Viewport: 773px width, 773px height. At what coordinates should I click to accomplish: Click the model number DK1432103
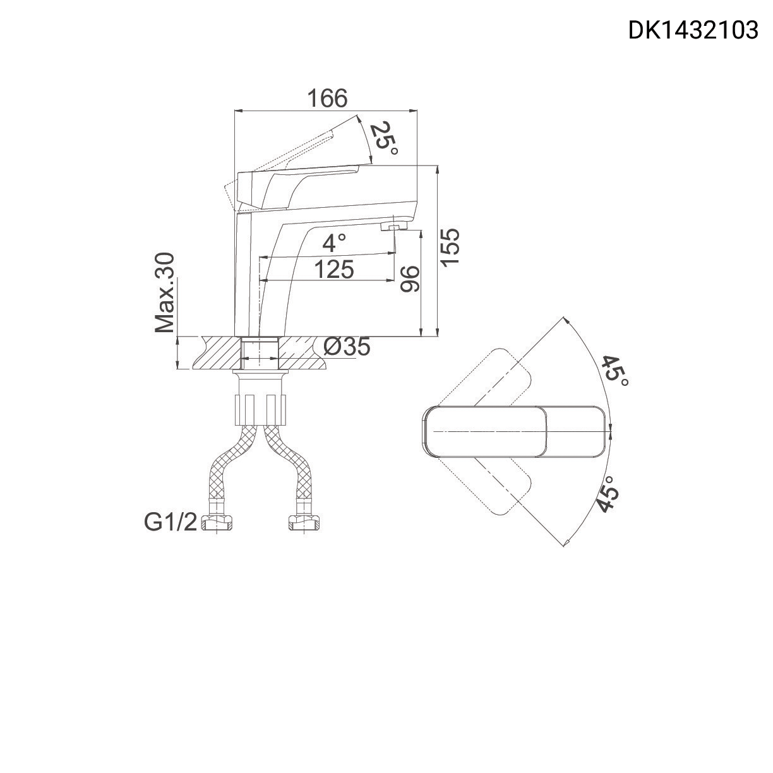coord(693,30)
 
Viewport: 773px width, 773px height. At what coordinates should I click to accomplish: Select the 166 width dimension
coord(327,99)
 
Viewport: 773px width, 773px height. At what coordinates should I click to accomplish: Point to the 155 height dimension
coord(450,247)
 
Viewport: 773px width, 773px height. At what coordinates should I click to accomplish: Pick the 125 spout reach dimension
coord(333,270)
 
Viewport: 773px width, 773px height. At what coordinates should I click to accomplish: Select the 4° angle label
coord(334,243)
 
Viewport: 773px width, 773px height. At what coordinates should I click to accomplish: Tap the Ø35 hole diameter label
coord(346,347)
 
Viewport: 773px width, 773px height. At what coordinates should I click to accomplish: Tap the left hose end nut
coord(217,522)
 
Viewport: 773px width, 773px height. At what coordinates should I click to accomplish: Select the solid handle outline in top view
coord(515,431)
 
